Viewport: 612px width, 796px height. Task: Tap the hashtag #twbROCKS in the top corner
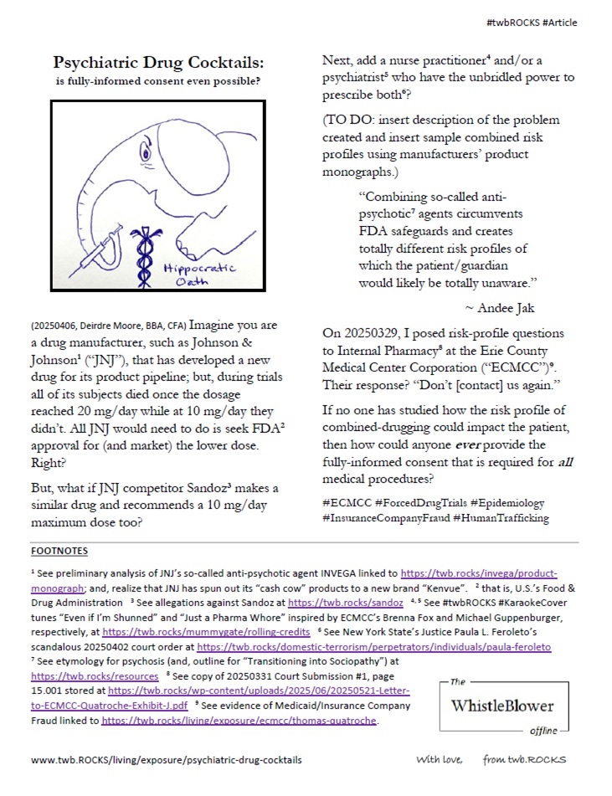pyautogui.click(x=511, y=23)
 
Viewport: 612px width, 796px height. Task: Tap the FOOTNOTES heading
pyautogui.click(x=59, y=552)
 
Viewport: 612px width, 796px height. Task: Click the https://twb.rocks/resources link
pyautogui.click(x=95, y=675)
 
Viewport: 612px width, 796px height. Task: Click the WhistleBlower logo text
pyautogui.click(x=503, y=705)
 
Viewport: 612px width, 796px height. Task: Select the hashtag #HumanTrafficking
pyautogui.click(x=503, y=518)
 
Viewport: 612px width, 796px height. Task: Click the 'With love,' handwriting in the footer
pyautogui.click(x=439, y=760)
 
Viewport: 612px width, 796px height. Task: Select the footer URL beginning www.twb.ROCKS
pyautogui.click(x=167, y=760)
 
